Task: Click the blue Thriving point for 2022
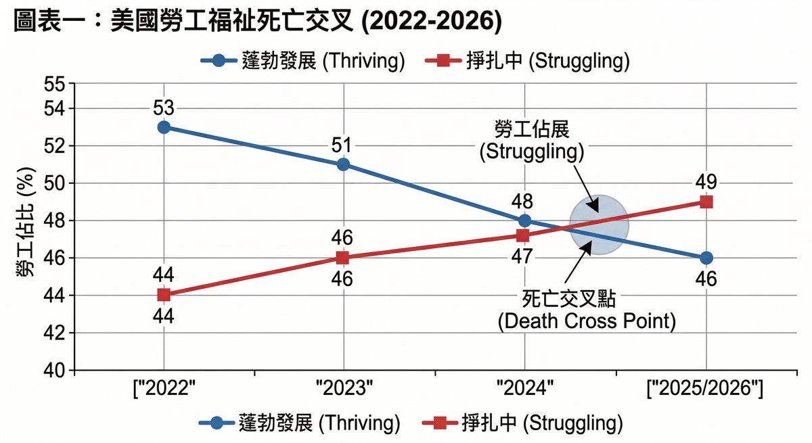coord(163,127)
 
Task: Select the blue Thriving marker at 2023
coord(342,164)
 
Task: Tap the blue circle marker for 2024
coord(524,220)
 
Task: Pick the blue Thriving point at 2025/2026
coord(706,258)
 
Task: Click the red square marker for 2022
coord(163,295)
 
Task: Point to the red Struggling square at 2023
coord(342,258)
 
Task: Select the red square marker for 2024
coord(522,235)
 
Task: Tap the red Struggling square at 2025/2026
coord(706,202)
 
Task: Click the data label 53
coord(163,108)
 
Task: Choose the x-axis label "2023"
coord(344,390)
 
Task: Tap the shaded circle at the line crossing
coord(598,225)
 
